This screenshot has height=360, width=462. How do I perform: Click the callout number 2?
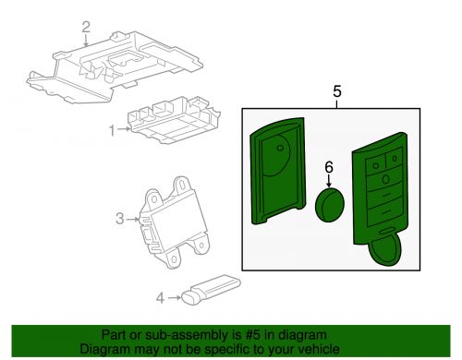pyautogui.click(x=86, y=27)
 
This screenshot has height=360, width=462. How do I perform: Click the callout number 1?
pyautogui.click(x=113, y=131)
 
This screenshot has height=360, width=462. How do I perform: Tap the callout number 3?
pyautogui.click(x=120, y=219)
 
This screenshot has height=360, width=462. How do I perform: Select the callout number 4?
pyautogui.click(x=160, y=298)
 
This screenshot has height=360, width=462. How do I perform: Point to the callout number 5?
pyautogui.click(x=337, y=91)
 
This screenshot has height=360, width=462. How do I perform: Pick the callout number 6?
pyautogui.click(x=329, y=168)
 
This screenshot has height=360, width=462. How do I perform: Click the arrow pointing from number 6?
pyautogui.click(x=329, y=181)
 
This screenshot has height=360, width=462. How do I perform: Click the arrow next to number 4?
pyautogui.click(x=175, y=297)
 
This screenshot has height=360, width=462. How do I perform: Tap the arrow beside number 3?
pyautogui.click(x=133, y=219)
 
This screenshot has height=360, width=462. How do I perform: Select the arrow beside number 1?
pyautogui.click(x=124, y=129)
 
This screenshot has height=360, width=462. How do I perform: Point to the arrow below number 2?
pyautogui.click(x=87, y=41)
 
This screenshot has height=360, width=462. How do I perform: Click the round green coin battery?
pyautogui.click(x=330, y=205)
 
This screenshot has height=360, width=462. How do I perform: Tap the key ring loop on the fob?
pyautogui.click(x=387, y=248)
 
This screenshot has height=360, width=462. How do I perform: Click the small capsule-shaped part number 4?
pyautogui.click(x=212, y=290)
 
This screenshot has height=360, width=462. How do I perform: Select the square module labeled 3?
pyautogui.click(x=175, y=222)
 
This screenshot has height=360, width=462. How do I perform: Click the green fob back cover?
pyautogui.click(x=278, y=171)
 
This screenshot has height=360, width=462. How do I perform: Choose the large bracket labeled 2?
pyautogui.click(x=115, y=66)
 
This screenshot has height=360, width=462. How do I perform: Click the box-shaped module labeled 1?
pyautogui.click(x=174, y=120)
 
